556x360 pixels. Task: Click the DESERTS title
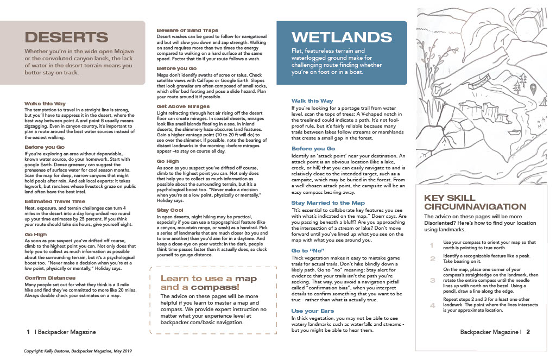tap(67, 37)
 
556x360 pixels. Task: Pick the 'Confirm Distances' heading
tap(50, 277)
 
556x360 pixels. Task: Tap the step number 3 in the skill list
tap(433, 280)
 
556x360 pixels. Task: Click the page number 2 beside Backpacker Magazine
tap(527, 331)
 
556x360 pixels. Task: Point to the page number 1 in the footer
tap(27, 331)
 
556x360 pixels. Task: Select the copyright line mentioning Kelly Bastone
tap(78, 351)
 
